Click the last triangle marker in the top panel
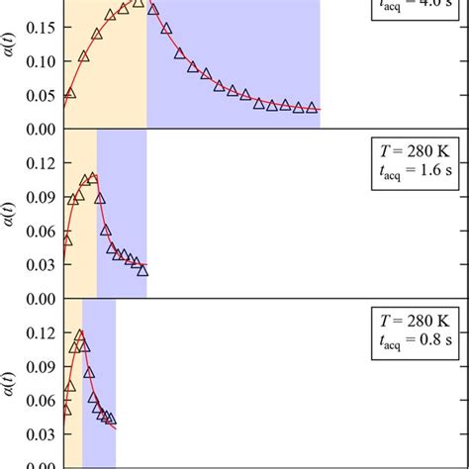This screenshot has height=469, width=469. point(312,108)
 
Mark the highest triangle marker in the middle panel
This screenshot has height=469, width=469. point(94,178)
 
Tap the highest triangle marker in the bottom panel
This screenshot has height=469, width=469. point(79,335)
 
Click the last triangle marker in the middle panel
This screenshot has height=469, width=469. point(142,269)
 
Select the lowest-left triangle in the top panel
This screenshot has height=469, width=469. point(69,93)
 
